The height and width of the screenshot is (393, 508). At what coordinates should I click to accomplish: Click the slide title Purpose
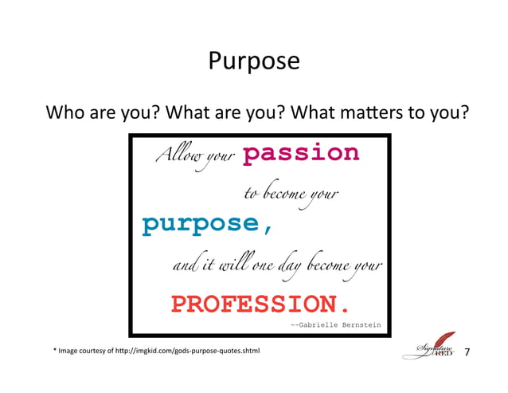[254, 61]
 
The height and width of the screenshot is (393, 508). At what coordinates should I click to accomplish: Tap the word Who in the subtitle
[65, 112]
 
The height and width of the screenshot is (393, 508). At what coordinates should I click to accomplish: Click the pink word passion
[300, 153]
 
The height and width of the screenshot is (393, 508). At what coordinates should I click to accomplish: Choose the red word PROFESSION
[260, 304]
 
